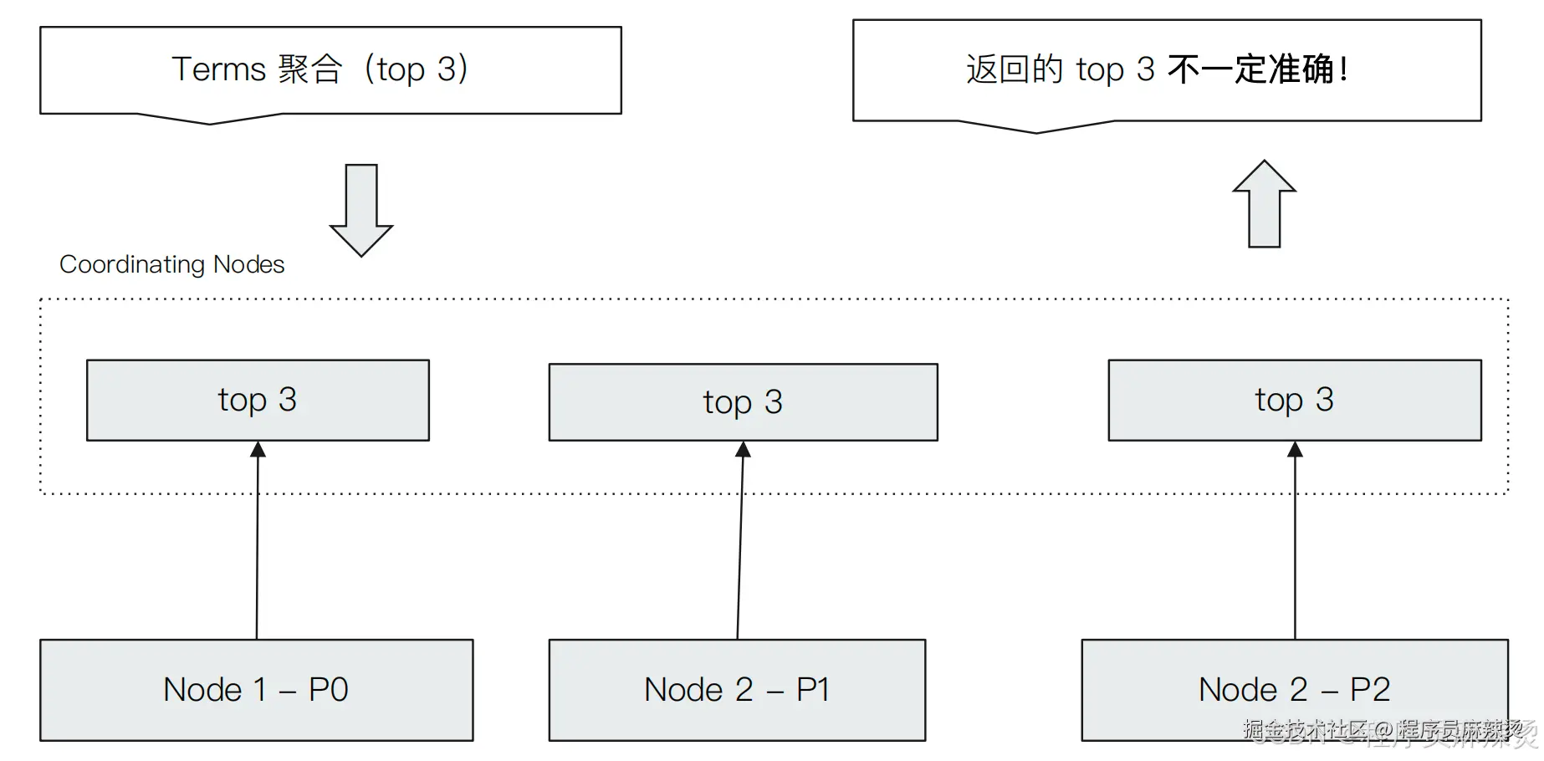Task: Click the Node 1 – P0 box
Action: (256, 690)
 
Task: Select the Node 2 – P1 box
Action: (736, 690)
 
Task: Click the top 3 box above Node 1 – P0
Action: (258, 400)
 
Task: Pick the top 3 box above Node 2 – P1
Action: (743, 402)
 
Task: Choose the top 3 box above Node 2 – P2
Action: (1294, 400)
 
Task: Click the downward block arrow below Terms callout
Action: (361, 209)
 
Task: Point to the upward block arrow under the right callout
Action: (1264, 204)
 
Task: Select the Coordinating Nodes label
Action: (171, 264)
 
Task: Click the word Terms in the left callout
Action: (218, 69)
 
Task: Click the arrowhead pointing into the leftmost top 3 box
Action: (258, 450)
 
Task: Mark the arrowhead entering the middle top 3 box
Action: (743, 450)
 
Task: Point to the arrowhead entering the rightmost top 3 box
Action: (1295, 450)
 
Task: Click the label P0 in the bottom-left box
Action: (328, 690)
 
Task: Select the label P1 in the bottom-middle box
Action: (812, 690)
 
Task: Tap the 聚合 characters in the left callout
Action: (310, 69)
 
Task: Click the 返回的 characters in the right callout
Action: (1014, 69)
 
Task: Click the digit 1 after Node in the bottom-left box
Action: (259, 690)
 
